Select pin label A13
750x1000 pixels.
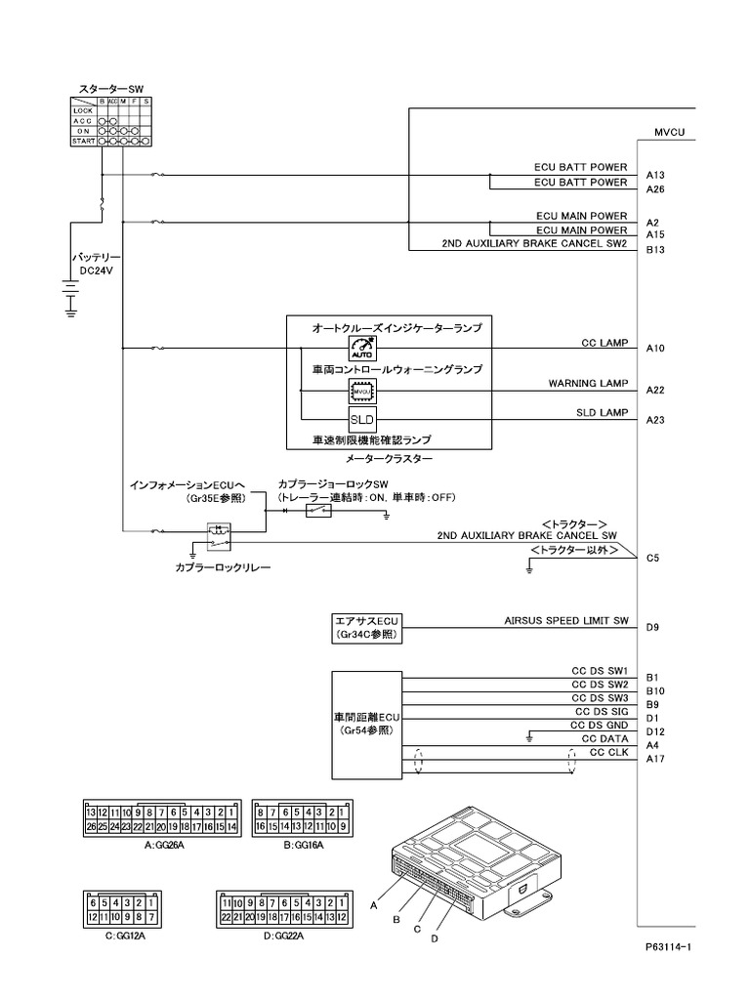[x=655, y=175]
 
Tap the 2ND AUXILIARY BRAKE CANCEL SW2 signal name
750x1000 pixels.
[x=534, y=243]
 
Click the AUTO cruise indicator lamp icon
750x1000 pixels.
[x=362, y=351]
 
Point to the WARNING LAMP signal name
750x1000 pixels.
[x=588, y=384]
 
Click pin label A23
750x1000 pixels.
[x=655, y=420]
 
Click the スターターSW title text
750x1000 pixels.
[x=110, y=89]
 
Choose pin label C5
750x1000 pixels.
[x=652, y=559]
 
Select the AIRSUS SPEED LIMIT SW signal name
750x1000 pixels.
[x=566, y=620]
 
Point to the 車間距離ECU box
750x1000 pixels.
[x=366, y=723]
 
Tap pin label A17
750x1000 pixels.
[x=655, y=759]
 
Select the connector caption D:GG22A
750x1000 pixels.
[x=283, y=935]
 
